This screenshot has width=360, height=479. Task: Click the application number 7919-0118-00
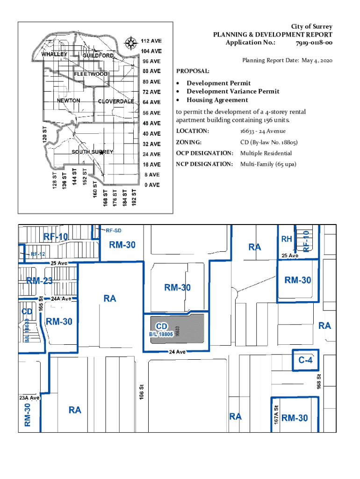point(314,43)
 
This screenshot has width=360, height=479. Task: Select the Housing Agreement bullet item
point(217,100)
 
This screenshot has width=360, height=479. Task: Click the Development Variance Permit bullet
point(233,92)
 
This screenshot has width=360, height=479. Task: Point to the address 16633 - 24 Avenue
point(263,131)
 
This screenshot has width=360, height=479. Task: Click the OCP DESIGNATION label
point(204,153)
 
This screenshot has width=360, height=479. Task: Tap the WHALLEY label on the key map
point(55,54)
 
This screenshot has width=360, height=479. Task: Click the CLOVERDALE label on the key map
point(116,102)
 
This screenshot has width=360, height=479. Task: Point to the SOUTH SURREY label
point(92,152)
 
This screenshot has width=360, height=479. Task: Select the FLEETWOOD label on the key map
point(91,74)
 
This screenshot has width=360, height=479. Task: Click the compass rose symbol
point(130,45)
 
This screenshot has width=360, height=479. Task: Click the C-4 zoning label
point(305,360)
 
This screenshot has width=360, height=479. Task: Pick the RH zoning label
point(287,239)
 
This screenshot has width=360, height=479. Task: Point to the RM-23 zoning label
point(39,281)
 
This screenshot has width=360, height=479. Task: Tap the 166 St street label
point(141,392)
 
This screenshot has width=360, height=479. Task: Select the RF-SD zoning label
point(114,231)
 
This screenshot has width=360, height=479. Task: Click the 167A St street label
point(277,415)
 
